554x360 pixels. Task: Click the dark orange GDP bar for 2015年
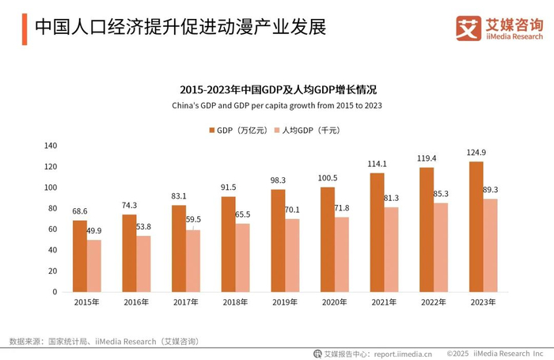tap(79, 256)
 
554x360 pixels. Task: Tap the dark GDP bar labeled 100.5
tap(327, 239)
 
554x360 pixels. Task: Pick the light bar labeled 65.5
tap(242, 257)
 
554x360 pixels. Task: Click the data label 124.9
tap(476, 152)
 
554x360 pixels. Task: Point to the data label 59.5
tap(193, 220)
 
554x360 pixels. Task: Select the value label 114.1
tap(377, 163)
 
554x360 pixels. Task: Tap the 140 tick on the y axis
tap(51, 146)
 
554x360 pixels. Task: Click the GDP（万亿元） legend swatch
tap(212, 131)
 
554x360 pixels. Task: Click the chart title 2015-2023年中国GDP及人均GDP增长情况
tap(277, 89)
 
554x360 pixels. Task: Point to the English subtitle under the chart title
tap(277, 105)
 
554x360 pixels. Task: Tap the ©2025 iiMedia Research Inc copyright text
tap(499, 353)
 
